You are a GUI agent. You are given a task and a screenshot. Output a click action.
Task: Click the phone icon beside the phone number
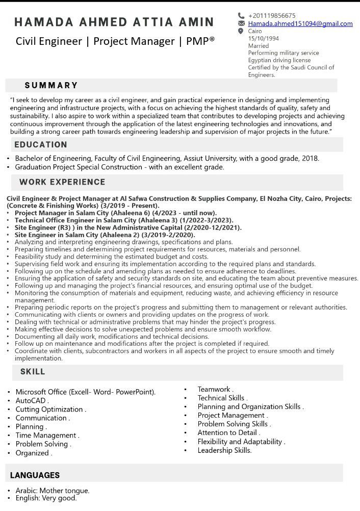(241, 16)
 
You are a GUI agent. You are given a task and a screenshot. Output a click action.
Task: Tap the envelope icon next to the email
(241, 23)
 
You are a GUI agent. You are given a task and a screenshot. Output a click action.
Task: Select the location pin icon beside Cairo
(241, 31)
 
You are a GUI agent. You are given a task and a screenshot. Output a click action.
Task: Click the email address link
(300, 23)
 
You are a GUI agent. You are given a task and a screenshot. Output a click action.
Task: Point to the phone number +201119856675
(272, 16)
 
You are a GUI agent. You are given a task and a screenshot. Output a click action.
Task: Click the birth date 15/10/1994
(264, 38)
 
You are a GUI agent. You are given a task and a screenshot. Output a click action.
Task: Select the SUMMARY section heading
(51, 85)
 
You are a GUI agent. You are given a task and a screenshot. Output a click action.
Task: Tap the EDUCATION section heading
(41, 145)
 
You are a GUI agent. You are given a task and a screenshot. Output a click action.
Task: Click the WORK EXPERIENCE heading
(62, 182)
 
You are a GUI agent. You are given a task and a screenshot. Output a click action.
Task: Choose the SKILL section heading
(33, 372)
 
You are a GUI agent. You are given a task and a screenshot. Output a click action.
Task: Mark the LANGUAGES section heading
(35, 475)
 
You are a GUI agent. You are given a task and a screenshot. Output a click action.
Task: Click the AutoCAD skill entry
(31, 401)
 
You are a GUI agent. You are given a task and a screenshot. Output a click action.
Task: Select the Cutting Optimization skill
(49, 410)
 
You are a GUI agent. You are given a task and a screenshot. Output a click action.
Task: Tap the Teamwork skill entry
(214, 389)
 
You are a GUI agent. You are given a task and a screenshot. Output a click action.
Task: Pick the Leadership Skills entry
(224, 450)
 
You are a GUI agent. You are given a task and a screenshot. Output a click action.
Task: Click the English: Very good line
(46, 498)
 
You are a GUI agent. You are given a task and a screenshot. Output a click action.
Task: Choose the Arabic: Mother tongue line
(53, 491)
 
